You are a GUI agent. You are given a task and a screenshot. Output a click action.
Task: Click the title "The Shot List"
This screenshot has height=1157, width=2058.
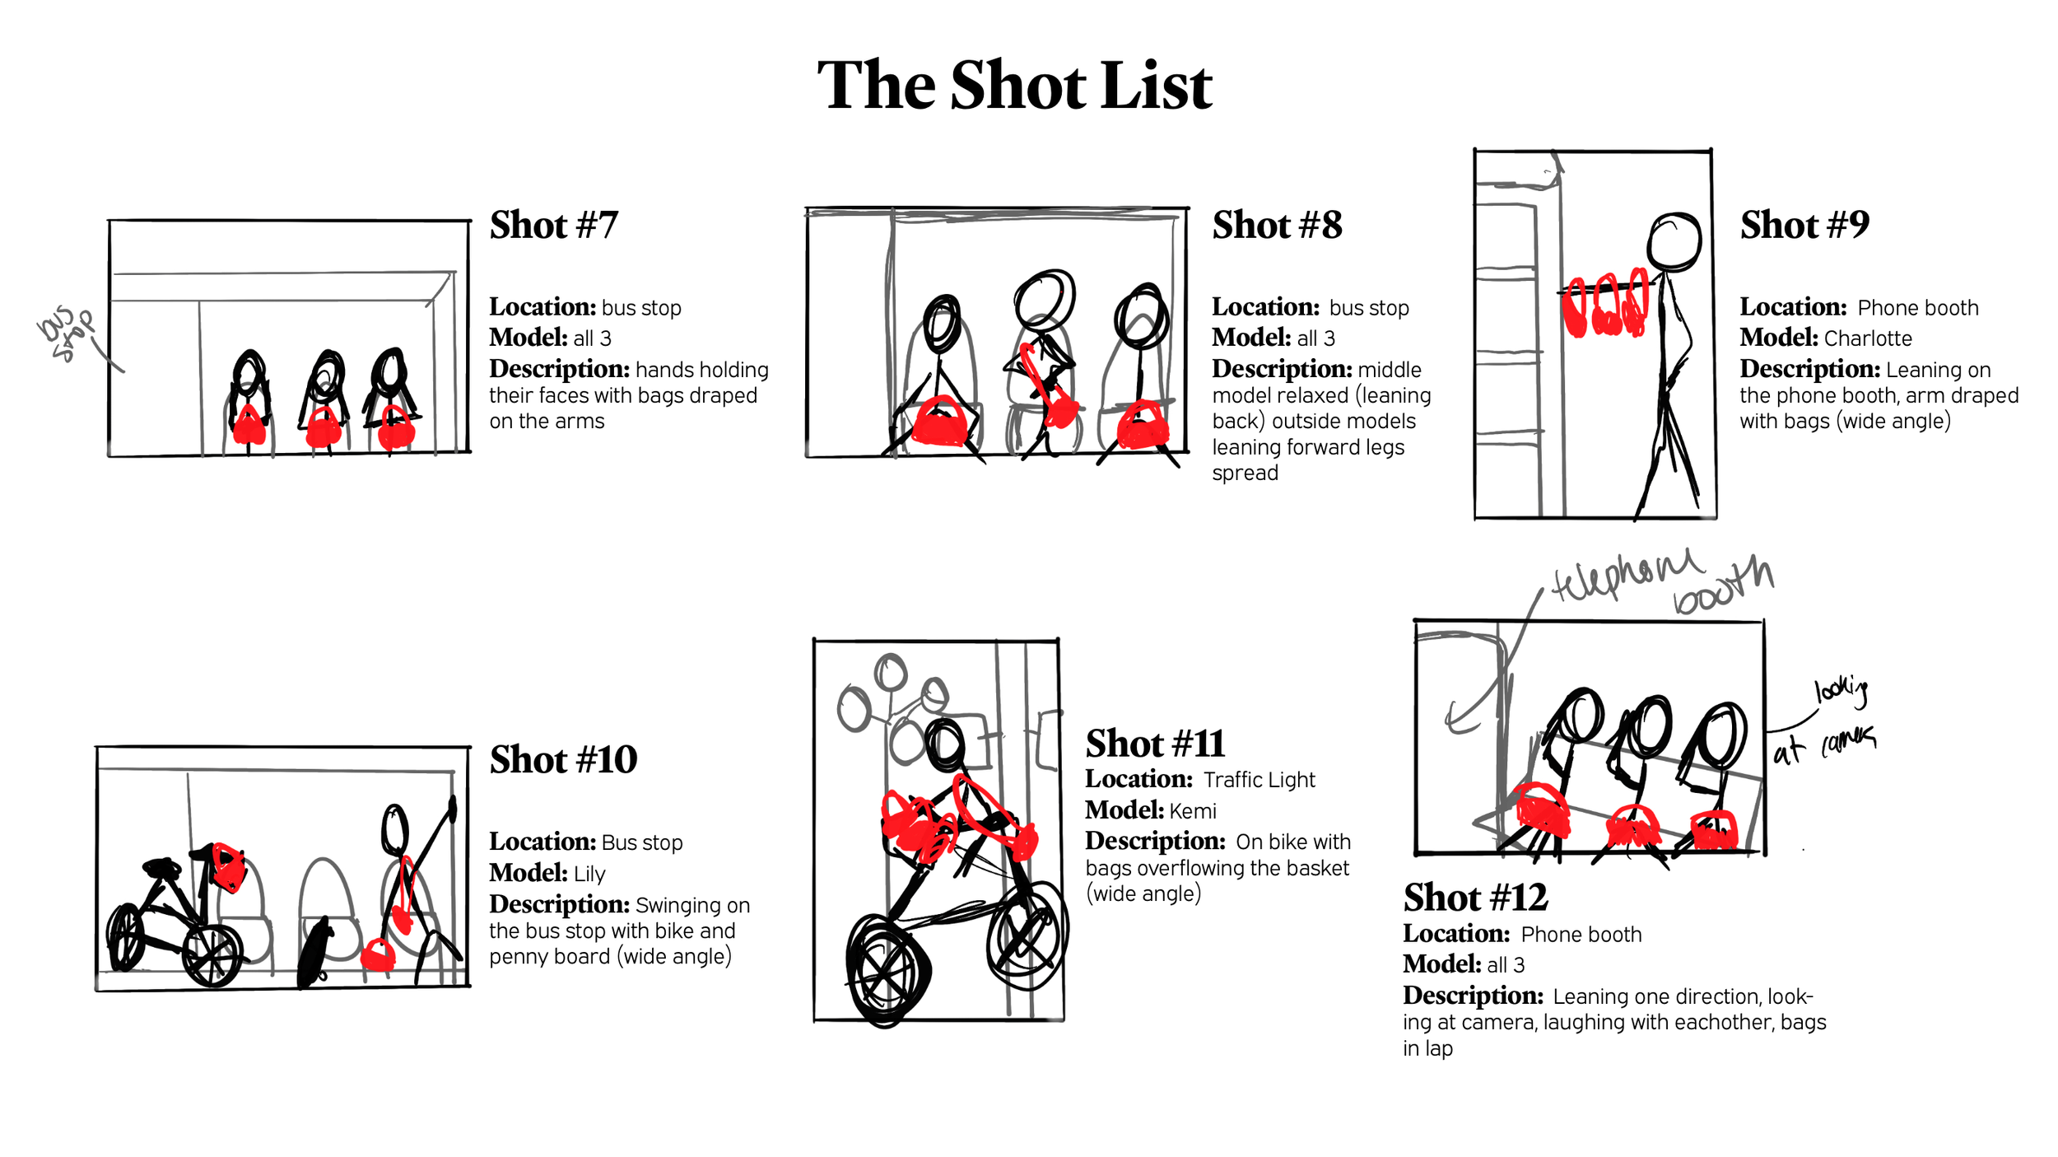tap(1014, 86)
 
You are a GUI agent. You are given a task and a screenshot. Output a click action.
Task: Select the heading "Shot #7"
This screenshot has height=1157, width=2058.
tap(553, 225)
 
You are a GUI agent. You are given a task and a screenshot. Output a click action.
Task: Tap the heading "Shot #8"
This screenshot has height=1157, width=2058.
tap(1277, 225)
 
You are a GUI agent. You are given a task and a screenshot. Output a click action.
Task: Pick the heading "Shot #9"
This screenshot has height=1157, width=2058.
tap(1804, 225)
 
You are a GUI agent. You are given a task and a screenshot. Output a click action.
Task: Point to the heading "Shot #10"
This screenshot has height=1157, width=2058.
tap(563, 759)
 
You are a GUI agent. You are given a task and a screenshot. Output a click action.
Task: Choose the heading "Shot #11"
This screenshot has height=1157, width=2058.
tap(1155, 744)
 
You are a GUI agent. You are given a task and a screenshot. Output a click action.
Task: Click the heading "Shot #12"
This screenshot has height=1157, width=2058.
tap(1475, 898)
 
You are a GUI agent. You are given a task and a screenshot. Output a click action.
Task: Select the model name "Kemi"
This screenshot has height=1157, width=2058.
tap(1192, 811)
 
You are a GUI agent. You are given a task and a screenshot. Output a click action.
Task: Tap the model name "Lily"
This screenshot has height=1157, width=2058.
tap(589, 874)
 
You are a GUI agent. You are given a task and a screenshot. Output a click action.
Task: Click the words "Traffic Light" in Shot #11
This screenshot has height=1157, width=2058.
tap(1259, 780)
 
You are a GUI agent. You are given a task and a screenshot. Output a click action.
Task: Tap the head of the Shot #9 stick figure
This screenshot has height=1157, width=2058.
tap(1674, 241)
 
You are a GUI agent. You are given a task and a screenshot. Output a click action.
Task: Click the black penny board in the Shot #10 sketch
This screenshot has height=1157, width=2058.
tap(314, 951)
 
